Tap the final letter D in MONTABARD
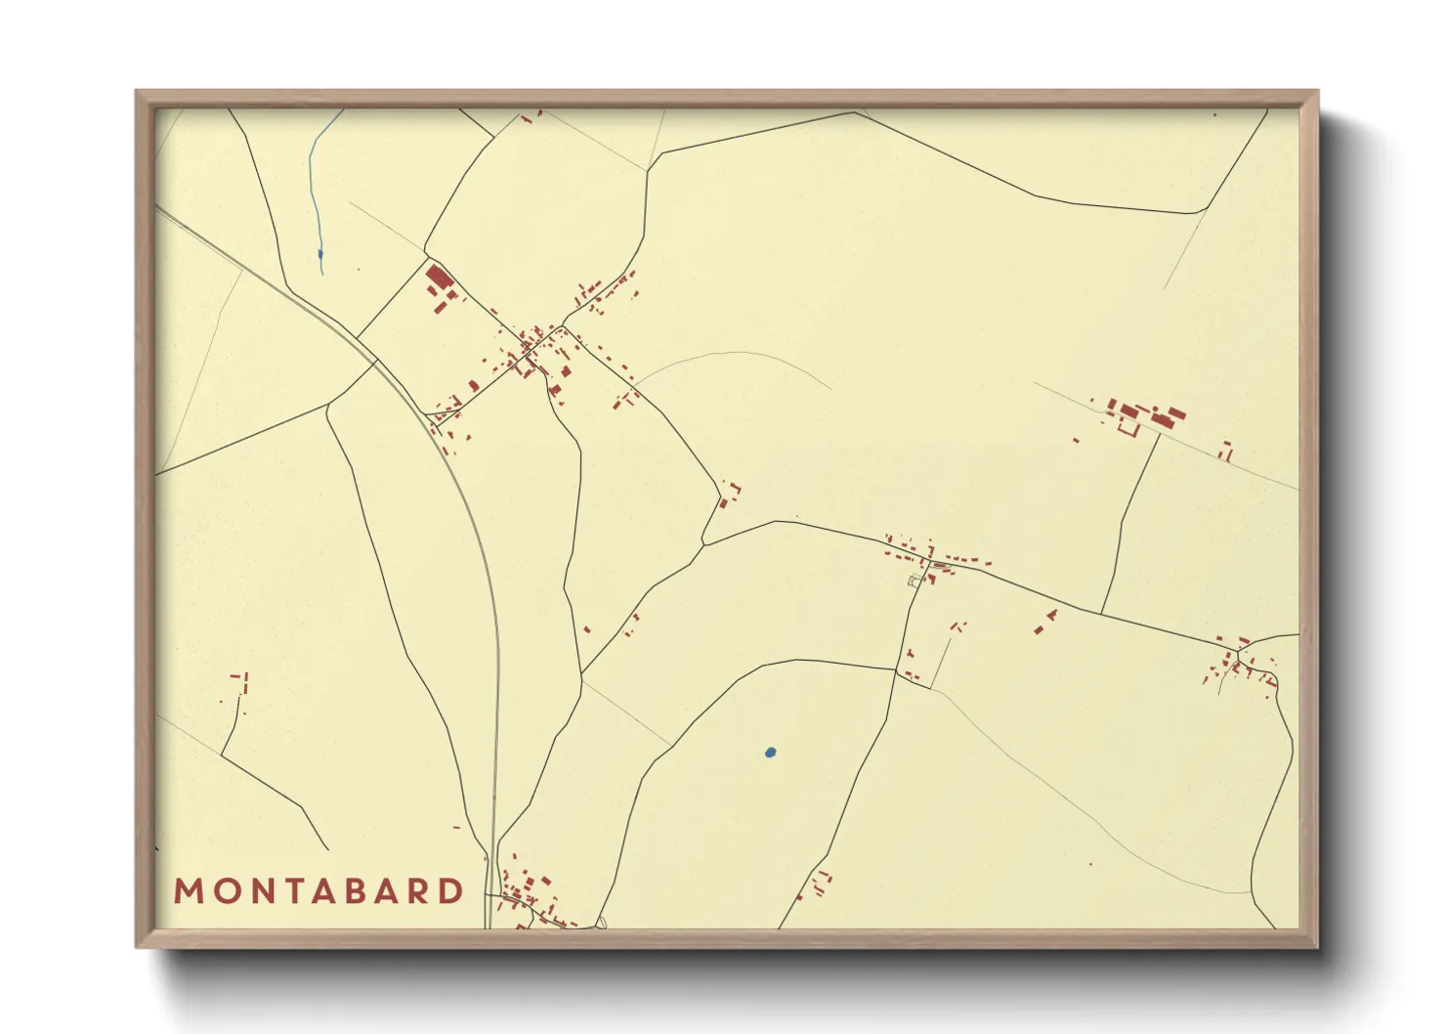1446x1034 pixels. pyautogui.click(x=452, y=891)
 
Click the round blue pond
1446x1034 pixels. pyautogui.click(x=770, y=753)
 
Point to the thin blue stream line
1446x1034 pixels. pyautogui.click(x=315, y=186)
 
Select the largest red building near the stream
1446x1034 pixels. pyautogui.click(x=438, y=278)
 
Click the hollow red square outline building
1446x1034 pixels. pyautogui.click(x=1128, y=427)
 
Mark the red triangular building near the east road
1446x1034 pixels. pyautogui.click(x=1052, y=615)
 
